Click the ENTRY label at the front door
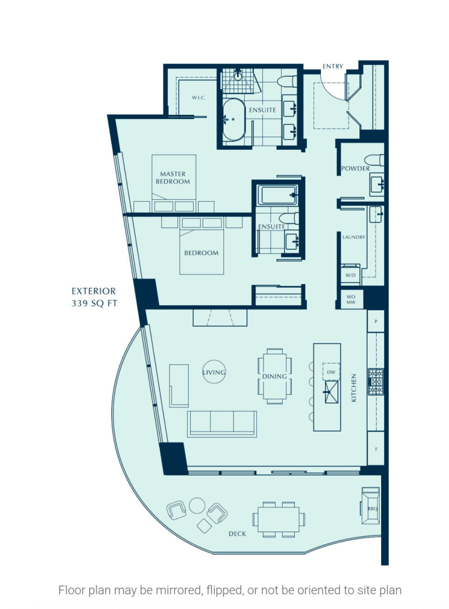[x=333, y=67]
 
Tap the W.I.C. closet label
[x=199, y=98]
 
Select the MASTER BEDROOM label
[x=173, y=177]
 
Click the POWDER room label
[x=355, y=169]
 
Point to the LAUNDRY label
[x=353, y=237]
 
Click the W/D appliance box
[x=350, y=275]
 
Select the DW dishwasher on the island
[x=331, y=372]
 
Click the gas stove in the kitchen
[x=376, y=382]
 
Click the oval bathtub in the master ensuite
[x=234, y=119]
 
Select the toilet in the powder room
[x=374, y=160]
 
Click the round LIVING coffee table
[x=214, y=372]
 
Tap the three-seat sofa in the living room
[x=222, y=424]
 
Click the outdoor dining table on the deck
[x=278, y=519]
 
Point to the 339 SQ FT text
[x=94, y=304]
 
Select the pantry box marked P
[x=376, y=321]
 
